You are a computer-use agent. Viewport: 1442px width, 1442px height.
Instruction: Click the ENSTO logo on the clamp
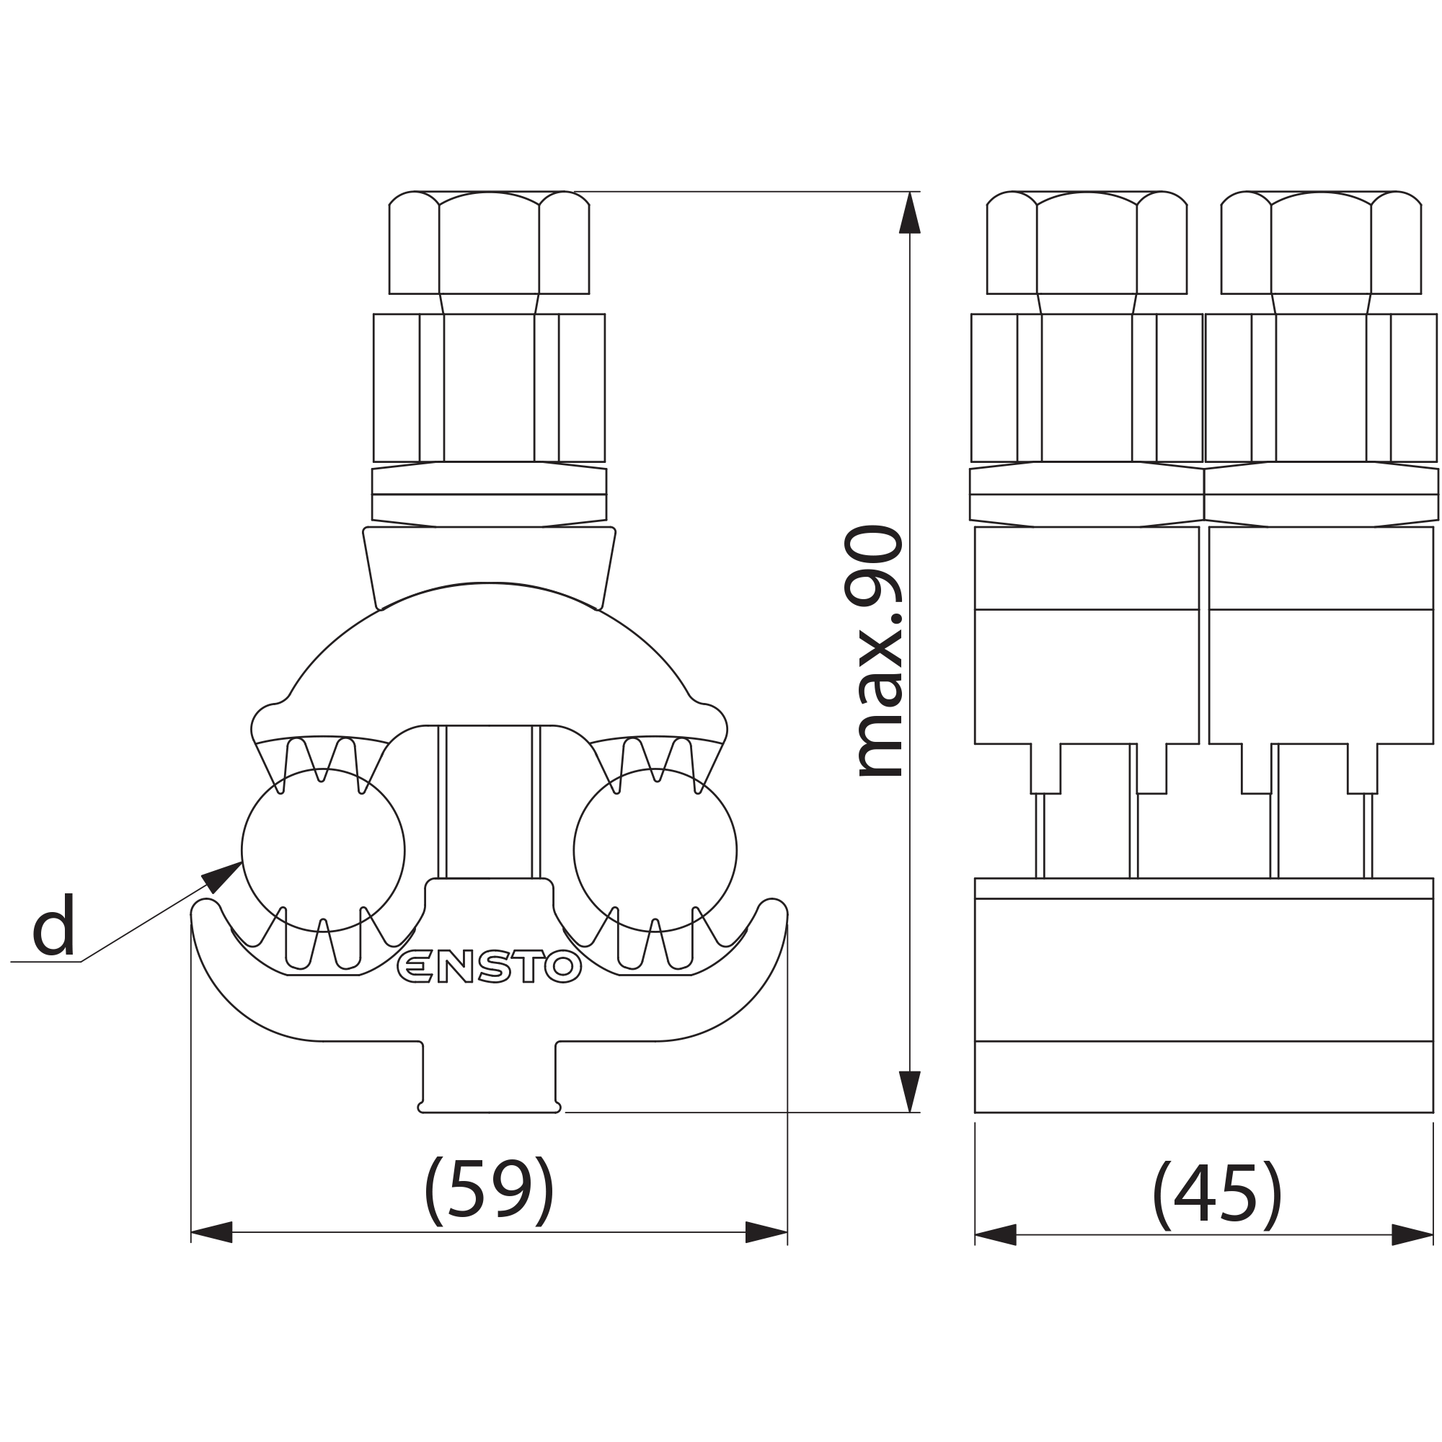(489, 967)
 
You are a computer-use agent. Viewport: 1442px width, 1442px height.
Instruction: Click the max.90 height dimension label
(874, 651)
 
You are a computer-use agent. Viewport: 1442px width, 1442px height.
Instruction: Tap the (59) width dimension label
(489, 1190)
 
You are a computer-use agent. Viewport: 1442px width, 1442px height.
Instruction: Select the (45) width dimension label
(1217, 1194)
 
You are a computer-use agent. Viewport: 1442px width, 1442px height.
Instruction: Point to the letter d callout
(54, 925)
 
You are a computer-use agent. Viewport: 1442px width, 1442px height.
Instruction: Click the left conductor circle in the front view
(323, 850)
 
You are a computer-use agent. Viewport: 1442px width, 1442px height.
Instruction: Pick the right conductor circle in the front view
(655, 850)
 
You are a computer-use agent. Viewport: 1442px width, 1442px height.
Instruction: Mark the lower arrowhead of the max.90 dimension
(909, 1090)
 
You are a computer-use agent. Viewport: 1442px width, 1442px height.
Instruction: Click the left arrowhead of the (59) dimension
(212, 1232)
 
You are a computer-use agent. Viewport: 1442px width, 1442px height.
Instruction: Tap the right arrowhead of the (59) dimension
(766, 1232)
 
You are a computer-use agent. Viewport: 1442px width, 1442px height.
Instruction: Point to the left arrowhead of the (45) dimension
(996, 1234)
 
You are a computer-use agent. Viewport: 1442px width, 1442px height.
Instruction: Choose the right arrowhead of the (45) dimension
(1412, 1234)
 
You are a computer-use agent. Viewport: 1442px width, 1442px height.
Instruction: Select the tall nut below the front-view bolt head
(489, 387)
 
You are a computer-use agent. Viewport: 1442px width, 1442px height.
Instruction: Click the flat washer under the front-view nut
(489, 494)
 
